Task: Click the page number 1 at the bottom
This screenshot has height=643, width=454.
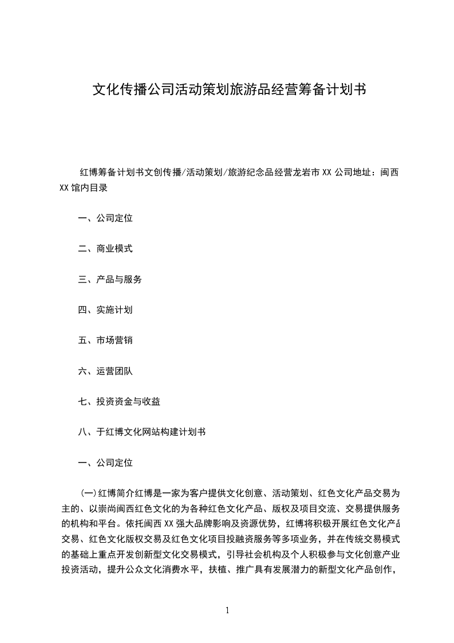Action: pos(227,610)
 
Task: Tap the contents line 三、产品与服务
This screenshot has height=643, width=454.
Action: pos(110,279)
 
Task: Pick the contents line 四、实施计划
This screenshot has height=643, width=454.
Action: pos(105,309)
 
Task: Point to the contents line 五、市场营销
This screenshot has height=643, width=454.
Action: pos(105,340)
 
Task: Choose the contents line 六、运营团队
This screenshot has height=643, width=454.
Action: pos(105,371)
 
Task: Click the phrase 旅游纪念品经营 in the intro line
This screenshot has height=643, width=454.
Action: pos(255,172)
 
